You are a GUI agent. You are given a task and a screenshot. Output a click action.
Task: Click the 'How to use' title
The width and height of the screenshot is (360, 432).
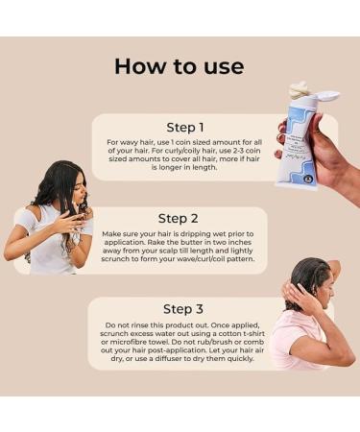(x=180, y=65)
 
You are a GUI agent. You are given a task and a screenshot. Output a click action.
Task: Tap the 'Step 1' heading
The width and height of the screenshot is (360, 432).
(x=186, y=127)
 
